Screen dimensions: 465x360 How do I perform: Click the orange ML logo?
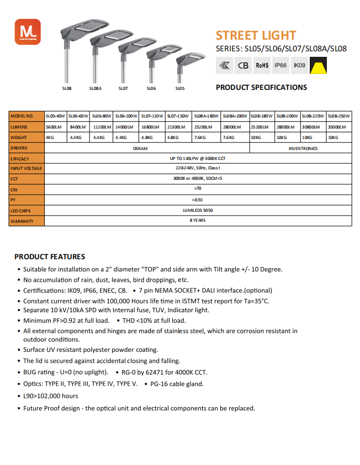coord(24,30)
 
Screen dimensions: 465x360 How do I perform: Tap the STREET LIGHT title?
coord(256,35)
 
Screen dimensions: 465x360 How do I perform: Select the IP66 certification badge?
coord(280,66)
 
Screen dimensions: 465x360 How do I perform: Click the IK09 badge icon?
coord(299,66)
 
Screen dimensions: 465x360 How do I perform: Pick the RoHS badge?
coord(262,66)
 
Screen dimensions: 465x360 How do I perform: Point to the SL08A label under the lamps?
coord(95,88)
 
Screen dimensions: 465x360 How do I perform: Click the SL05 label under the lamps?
coord(180,88)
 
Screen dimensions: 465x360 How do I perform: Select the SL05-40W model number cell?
coord(55,116)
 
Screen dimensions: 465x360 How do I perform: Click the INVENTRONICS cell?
coord(303,148)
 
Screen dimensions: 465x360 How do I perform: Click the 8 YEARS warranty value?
coord(198,220)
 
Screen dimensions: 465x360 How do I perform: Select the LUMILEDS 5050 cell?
coord(198,210)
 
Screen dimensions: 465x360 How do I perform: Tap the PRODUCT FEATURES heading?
coord(50,256)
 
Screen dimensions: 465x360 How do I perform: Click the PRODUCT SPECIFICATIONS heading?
coord(261,87)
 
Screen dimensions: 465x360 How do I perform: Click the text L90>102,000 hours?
coord(51,396)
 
